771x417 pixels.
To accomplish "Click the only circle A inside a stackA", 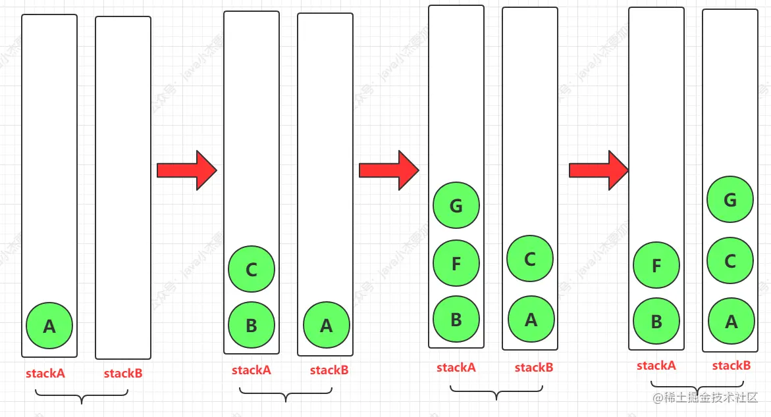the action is point(49,326).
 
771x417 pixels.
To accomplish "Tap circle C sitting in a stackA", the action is point(252,270).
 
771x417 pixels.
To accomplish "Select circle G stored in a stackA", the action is point(456,206).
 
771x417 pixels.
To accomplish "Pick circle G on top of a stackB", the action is point(730,199).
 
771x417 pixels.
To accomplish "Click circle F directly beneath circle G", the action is point(456,264).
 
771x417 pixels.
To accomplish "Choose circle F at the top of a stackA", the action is point(656,266).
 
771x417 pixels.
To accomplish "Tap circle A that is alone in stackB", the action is point(327,326).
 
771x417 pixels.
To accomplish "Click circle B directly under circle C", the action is point(252,326).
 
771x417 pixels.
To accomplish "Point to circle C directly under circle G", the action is point(730,261).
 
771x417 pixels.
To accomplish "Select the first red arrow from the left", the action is point(186,170).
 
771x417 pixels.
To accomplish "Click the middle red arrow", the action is point(388,170).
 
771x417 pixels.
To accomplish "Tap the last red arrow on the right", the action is point(598,170).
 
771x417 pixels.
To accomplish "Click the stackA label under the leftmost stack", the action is point(45,374).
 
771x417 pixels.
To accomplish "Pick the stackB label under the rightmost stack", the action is point(731,366).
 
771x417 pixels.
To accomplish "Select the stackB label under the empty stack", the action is point(123,374).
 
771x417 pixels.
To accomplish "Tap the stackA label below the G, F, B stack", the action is point(456,368).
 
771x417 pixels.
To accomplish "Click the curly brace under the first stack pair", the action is point(81,397).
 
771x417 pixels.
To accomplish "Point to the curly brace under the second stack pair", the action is point(286,395).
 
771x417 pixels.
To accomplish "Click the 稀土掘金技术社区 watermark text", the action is point(705,398).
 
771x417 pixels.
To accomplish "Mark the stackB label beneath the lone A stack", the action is point(329,370).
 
